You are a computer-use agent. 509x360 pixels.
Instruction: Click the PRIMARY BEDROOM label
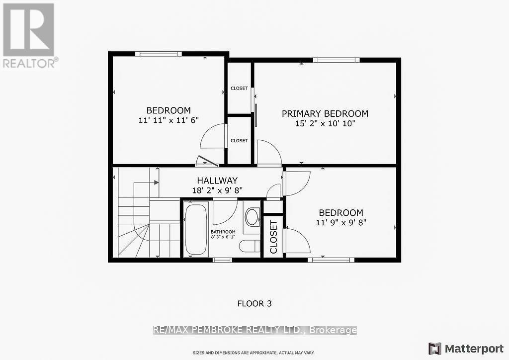[x=325, y=113]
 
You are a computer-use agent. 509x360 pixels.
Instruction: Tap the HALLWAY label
[x=217, y=180]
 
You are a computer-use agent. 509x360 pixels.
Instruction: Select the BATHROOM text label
[x=223, y=232]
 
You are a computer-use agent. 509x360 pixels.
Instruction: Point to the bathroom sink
[x=253, y=217]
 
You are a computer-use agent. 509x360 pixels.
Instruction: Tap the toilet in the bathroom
[x=248, y=246]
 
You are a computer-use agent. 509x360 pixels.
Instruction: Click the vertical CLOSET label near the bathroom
[x=273, y=237]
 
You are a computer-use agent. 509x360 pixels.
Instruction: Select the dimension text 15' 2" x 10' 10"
[x=326, y=123]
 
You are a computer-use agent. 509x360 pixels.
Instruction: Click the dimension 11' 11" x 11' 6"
[x=168, y=120]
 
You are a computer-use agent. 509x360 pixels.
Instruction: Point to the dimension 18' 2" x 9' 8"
[x=217, y=190]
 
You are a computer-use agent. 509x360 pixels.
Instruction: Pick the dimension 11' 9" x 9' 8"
[x=341, y=222]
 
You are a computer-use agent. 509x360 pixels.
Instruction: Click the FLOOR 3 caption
[x=254, y=303]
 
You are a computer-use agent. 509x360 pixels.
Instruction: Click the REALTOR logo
[x=29, y=35]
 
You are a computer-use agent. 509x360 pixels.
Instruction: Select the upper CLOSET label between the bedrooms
[x=239, y=88]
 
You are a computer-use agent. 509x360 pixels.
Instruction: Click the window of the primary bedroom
[x=337, y=60]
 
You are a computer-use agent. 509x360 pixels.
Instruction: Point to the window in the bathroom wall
[x=222, y=260]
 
